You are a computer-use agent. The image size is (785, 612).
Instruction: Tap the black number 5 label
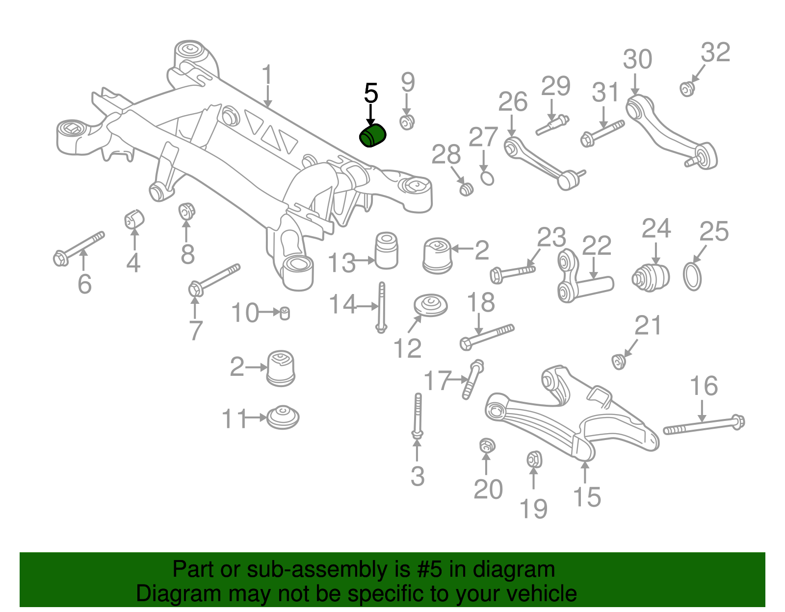[x=371, y=93]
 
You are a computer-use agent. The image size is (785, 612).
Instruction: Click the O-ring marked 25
[x=692, y=276]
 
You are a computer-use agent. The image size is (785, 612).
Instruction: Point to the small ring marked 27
[x=487, y=178]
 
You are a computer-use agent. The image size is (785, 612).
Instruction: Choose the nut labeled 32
[x=687, y=89]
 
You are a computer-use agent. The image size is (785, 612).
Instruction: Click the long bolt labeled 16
[x=704, y=425]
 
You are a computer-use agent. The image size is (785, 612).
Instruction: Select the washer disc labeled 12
[x=431, y=305]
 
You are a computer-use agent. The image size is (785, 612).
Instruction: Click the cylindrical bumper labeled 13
[x=386, y=250]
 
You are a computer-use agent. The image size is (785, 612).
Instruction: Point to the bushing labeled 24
[x=651, y=277]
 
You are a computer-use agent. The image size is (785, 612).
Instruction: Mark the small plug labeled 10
[x=285, y=313]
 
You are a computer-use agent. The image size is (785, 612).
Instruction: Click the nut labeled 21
[x=619, y=362]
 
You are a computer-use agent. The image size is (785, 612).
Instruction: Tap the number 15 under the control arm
[x=586, y=497]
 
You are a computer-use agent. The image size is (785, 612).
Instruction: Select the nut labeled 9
[x=407, y=122]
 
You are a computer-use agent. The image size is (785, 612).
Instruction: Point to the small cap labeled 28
[x=466, y=189]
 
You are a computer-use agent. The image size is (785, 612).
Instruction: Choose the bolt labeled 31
[x=602, y=132]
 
